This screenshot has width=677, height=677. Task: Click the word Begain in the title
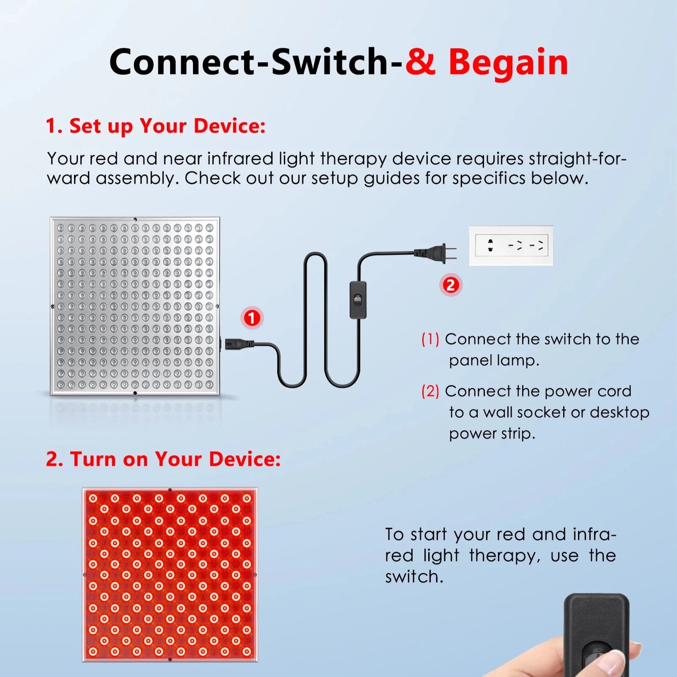pyautogui.click(x=508, y=62)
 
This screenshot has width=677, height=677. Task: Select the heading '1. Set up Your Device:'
pyautogui.click(x=156, y=126)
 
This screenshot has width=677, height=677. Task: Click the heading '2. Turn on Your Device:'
pyautogui.click(x=163, y=459)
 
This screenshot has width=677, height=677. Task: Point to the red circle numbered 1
pyautogui.click(x=252, y=318)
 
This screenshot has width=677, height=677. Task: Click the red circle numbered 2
pyautogui.click(x=450, y=285)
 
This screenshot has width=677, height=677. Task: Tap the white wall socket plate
pyautogui.click(x=511, y=246)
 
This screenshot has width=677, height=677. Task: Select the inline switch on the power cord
pyautogui.click(x=358, y=300)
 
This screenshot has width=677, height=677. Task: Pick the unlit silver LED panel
pyautogui.click(x=135, y=306)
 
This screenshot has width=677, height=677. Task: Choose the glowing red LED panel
pyautogui.click(x=170, y=574)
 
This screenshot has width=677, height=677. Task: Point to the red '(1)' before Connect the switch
pyautogui.click(x=430, y=339)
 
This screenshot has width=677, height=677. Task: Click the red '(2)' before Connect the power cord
pyautogui.click(x=430, y=391)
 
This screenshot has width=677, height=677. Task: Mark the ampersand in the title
pyautogui.click(x=420, y=62)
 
